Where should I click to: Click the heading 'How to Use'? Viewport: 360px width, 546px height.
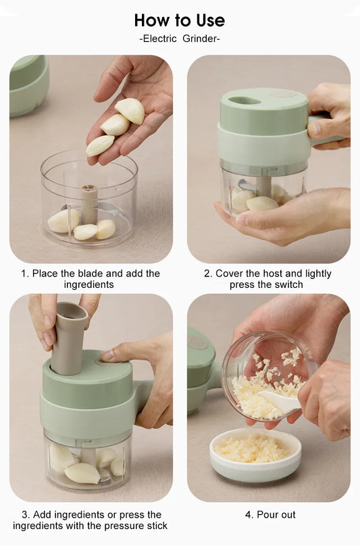[180, 20]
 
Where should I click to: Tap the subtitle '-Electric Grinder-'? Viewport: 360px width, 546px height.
[180, 39]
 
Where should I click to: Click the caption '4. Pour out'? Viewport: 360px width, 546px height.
[270, 515]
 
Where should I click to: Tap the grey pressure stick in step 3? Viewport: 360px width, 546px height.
[68, 338]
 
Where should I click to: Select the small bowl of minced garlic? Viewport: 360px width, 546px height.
[255, 455]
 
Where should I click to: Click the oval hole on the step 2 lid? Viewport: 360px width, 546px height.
[245, 101]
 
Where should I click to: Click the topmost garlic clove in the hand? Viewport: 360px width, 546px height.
[130, 110]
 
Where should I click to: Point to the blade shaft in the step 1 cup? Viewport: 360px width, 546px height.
[89, 204]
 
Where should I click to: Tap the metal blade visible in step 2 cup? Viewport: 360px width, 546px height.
[246, 186]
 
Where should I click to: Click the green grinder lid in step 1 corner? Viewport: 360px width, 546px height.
[28, 86]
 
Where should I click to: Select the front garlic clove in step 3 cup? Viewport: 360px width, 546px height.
[82, 473]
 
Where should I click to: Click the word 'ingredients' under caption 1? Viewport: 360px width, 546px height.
[88, 284]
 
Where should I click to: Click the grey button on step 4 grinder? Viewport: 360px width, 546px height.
[199, 342]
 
